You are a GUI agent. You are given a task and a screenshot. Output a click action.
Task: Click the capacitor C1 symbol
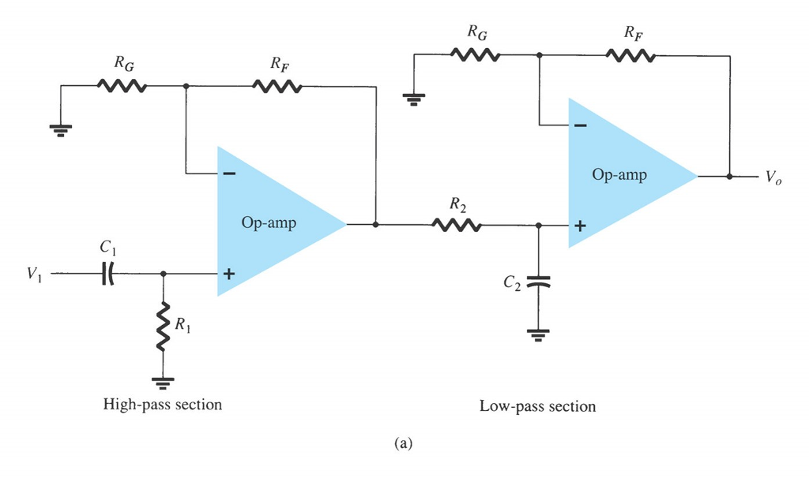[x=108, y=274]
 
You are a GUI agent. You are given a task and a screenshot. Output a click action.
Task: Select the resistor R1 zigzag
[x=163, y=325]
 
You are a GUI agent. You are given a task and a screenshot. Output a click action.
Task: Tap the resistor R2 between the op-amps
[x=456, y=225]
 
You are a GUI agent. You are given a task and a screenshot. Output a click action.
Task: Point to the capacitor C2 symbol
[x=538, y=282]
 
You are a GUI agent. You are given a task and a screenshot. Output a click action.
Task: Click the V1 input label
[x=34, y=274]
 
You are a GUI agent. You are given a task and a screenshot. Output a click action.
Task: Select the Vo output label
[x=773, y=177]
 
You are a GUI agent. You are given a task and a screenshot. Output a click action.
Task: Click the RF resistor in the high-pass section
[x=277, y=86]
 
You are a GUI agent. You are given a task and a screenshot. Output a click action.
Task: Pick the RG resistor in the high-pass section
[x=121, y=86]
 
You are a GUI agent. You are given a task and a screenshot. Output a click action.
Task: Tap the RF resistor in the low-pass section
[x=630, y=55]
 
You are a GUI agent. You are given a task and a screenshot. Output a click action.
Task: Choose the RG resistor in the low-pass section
[x=475, y=55]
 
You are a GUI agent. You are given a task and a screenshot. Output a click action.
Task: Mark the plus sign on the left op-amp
[x=228, y=274]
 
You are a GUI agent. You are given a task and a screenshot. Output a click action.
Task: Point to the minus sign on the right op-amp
[x=579, y=125]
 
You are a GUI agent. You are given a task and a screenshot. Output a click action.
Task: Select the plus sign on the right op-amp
[x=579, y=226]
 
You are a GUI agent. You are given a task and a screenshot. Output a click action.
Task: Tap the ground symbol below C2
[x=538, y=334]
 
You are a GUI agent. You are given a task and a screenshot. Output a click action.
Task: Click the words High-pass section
[x=163, y=405]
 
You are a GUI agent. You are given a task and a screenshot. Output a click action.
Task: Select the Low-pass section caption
[x=537, y=407]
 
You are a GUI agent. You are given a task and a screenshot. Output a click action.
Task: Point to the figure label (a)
[x=403, y=444]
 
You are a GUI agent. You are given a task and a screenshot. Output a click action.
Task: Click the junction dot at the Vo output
[x=729, y=177]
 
